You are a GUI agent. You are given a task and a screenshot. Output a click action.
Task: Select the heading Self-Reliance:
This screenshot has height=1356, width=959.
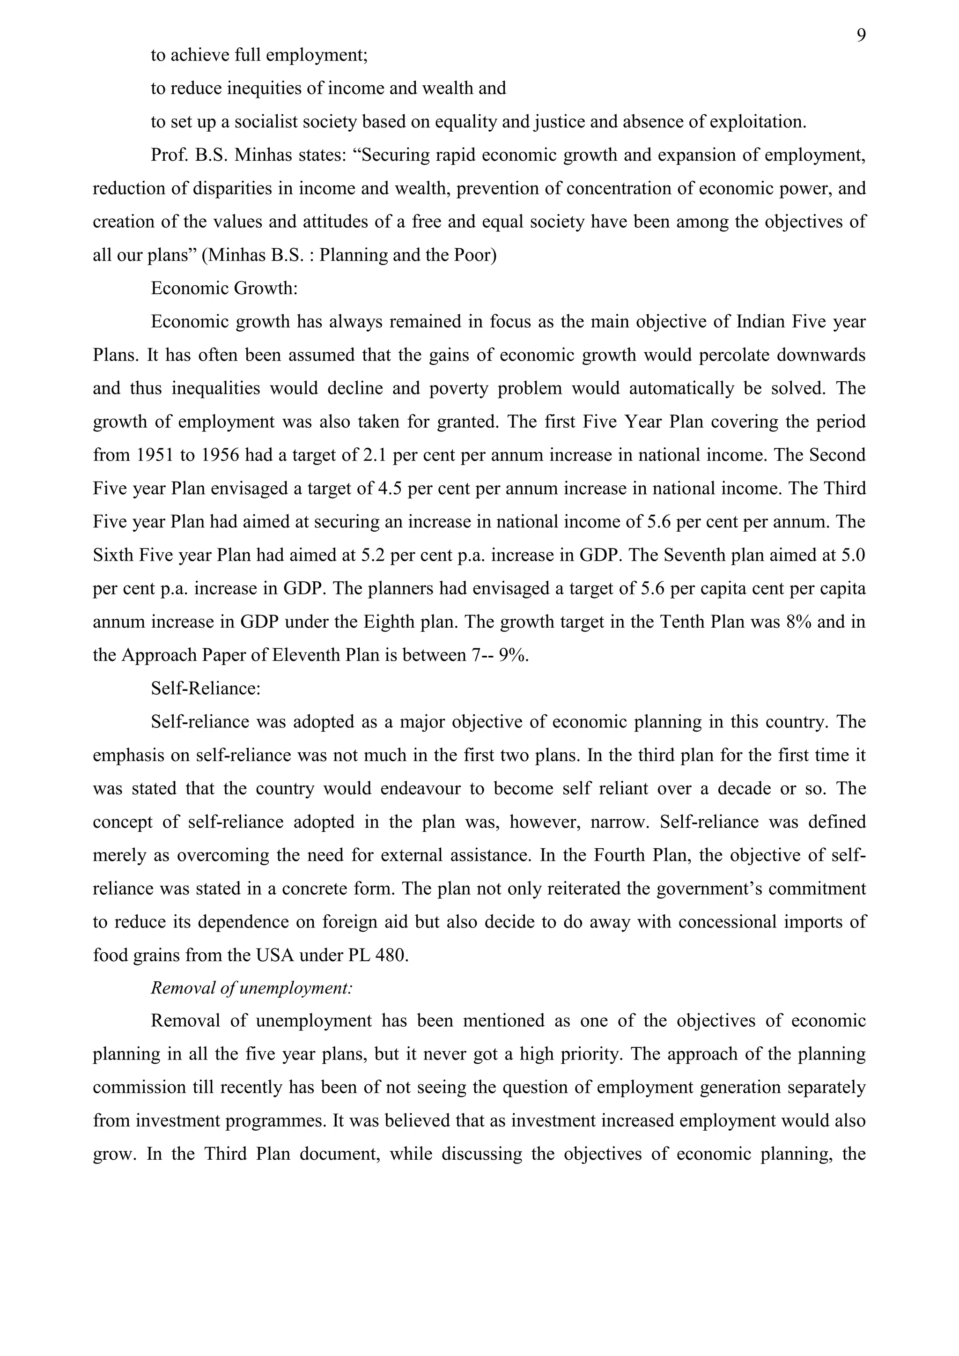point(206,689)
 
